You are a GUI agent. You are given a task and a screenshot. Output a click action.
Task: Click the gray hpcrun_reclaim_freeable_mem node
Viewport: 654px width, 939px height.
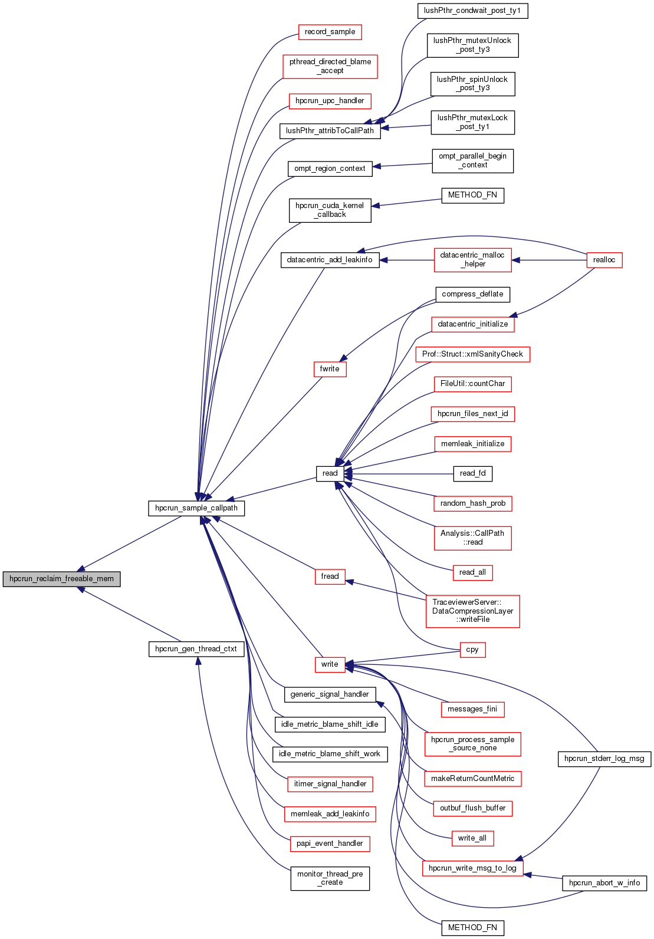pos(61,579)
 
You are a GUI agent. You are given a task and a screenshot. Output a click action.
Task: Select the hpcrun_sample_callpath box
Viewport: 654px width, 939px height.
pos(196,508)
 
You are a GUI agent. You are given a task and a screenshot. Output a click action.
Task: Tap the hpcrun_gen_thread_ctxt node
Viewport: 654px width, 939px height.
pos(196,649)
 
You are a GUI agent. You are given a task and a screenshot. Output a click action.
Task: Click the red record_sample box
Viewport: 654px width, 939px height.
pos(330,32)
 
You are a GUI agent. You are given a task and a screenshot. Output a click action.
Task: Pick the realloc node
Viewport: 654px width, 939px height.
pos(604,260)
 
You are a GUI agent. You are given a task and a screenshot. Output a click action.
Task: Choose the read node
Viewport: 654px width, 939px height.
pos(330,473)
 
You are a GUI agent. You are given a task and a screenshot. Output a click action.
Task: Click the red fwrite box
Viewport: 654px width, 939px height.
pos(330,369)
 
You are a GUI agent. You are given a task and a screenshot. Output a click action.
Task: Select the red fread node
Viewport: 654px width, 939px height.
pos(330,576)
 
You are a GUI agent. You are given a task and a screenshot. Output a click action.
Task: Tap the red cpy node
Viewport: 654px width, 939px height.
pos(472,650)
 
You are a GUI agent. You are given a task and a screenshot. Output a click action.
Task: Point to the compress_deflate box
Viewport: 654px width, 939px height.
pos(472,294)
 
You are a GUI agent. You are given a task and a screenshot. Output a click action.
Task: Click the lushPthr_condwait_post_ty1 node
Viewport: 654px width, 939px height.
pos(472,11)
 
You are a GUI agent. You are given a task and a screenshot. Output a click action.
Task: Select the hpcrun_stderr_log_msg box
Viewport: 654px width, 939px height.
pos(604,759)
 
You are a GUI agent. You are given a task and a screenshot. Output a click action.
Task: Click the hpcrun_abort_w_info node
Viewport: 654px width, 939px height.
pos(604,883)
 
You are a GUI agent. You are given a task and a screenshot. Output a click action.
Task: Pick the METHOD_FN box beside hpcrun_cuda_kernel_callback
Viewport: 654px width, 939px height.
pos(472,195)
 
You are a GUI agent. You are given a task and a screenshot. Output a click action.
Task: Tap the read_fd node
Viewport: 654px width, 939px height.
pos(472,473)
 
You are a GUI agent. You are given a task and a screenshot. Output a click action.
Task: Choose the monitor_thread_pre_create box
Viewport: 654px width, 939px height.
pos(330,878)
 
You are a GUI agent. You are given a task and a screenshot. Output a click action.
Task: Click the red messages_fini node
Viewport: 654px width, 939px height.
pos(472,709)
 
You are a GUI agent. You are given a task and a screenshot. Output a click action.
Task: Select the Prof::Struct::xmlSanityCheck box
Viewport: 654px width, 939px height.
pos(472,354)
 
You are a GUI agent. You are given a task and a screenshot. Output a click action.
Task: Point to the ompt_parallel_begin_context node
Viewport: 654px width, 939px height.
pos(472,161)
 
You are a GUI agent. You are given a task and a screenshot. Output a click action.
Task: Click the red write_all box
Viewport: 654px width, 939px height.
pos(472,838)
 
